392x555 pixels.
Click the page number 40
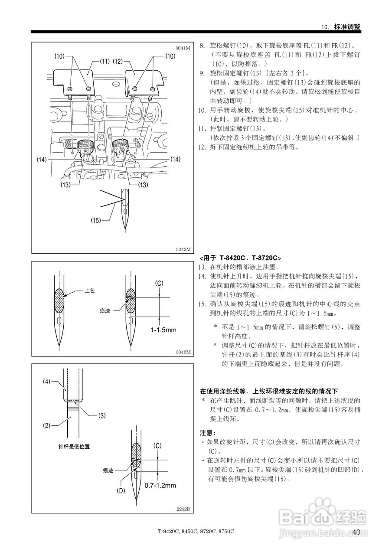[x=356, y=532]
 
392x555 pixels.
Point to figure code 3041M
[x=183, y=48]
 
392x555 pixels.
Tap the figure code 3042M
[x=183, y=249]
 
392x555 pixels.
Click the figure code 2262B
[x=183, y=509]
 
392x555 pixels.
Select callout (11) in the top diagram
[x=104, y=62]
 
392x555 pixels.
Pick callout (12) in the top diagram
[x=118, y=62]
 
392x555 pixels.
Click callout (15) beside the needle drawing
[x=96, y=220]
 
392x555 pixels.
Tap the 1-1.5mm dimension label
[x=163, y=330]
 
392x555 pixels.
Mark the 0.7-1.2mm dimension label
[x=160, y=485]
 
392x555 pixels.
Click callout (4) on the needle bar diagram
[x=47, y=382]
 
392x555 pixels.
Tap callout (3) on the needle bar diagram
[x=101, y=415]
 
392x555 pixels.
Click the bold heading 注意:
[x=207, y=433]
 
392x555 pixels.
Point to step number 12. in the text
[x=202, y=147]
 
